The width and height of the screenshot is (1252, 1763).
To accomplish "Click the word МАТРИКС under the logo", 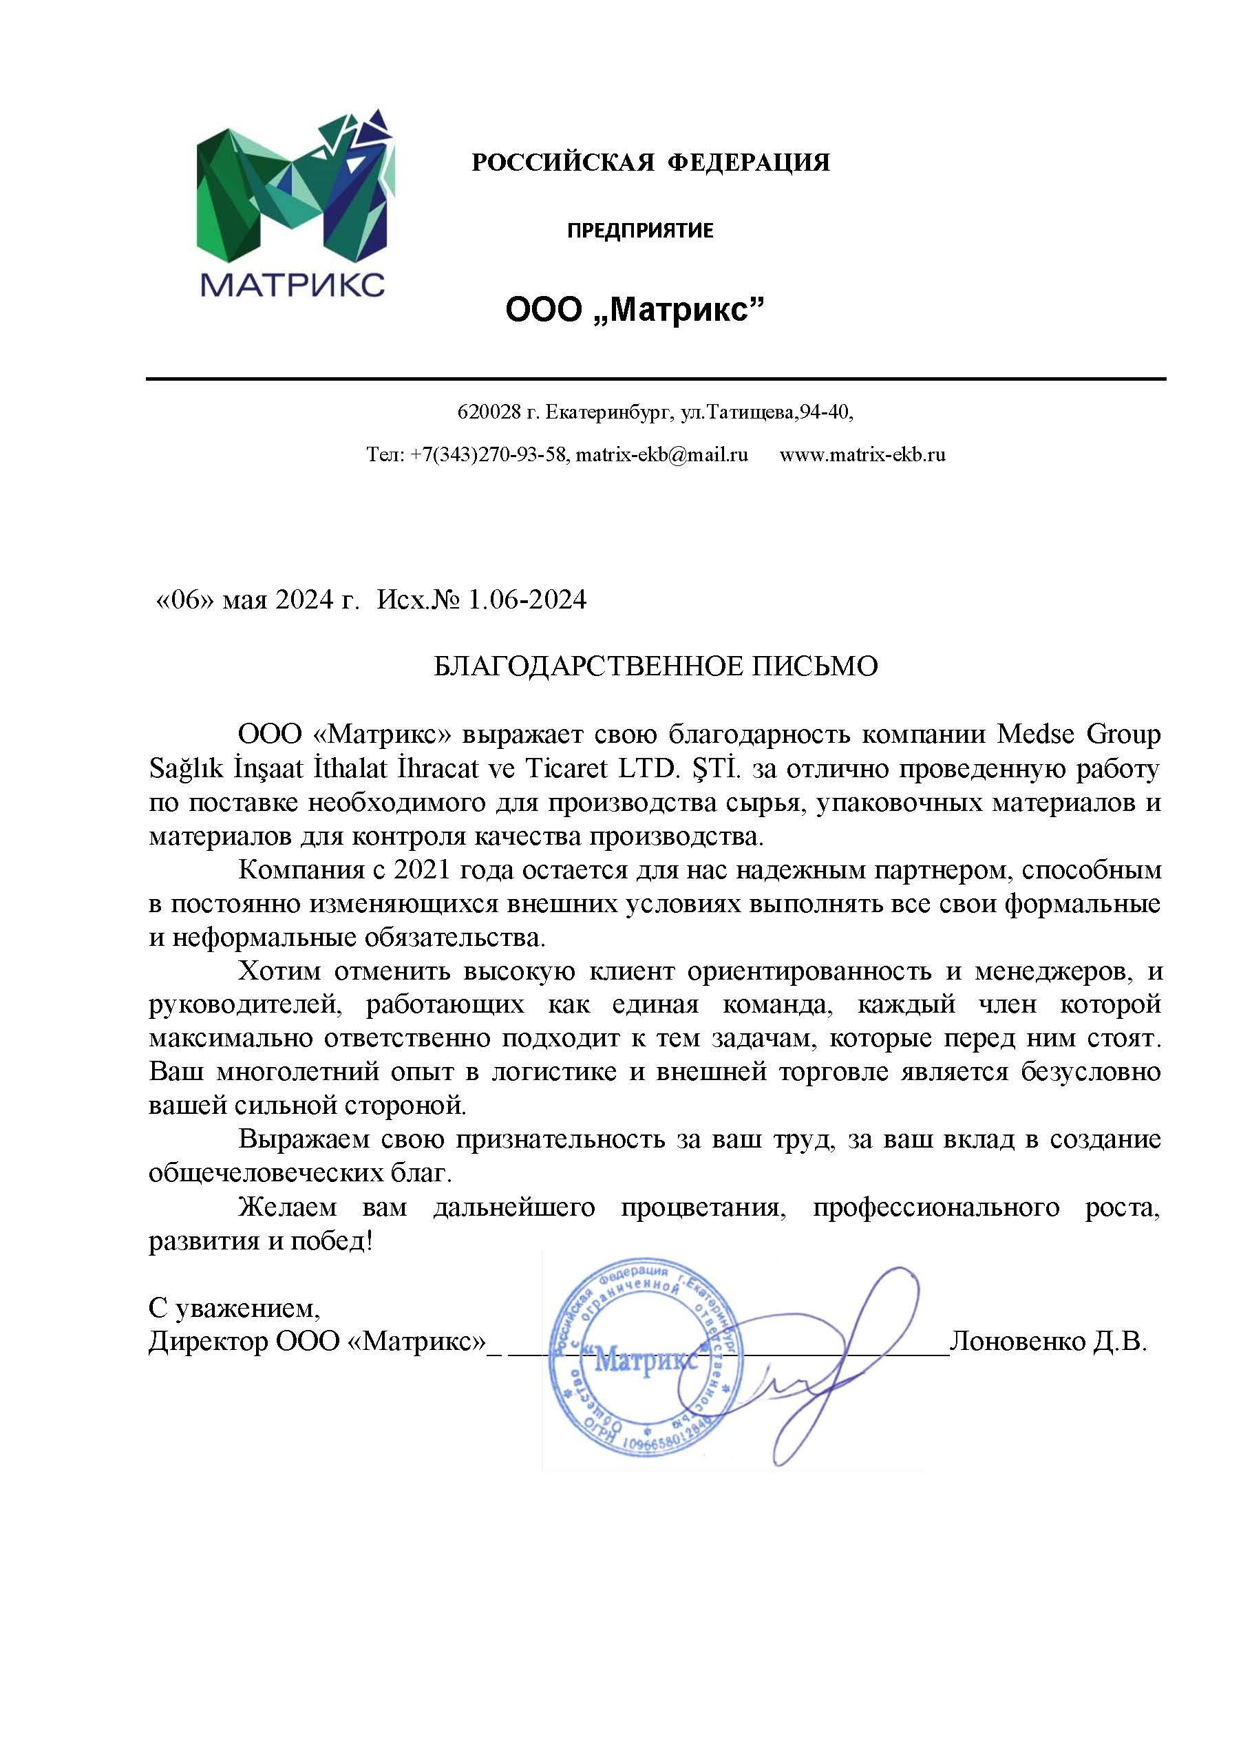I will (x=293, y=284).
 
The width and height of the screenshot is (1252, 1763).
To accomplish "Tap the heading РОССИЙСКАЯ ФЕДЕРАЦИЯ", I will (x=650, y=162).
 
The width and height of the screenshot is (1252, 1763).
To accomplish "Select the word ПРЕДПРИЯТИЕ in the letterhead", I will (x=640, y=231).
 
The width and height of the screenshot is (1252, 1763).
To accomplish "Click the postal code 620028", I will (x=489, y=412).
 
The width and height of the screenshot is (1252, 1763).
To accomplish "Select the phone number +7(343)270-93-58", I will (x=489, y=455).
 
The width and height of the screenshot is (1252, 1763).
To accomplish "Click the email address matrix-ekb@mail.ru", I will (x=661, y=455).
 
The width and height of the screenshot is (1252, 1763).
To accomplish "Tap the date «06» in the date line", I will (x=185, y=600).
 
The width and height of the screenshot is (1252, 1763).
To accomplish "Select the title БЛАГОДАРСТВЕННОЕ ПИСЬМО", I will (x=655, y=666).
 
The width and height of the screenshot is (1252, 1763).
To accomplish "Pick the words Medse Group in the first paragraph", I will (x=1079, y=734).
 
